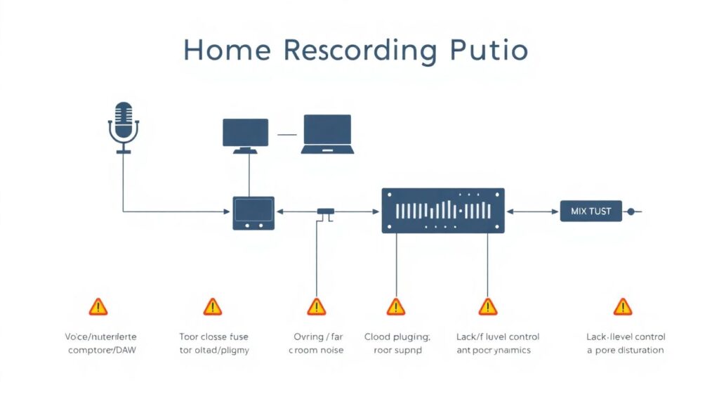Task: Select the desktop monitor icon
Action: pyautogui.click(x=245, y=133)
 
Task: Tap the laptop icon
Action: pyautogui.click(x=326, y=133)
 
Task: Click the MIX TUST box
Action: pyautogui.click(x=591, y=211)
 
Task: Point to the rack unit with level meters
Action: pyautogui.click(x=443, y=210)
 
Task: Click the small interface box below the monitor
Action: pyautogui.click(x=253, y=213)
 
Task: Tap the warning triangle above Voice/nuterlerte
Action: pyautogui.click(x=98, y=306)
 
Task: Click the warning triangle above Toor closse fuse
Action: pyautogui.click(x=212, y=306)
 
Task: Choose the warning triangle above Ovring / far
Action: pyautogui.click(x=317, y=306)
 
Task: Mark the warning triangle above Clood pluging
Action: pyautogui.click(x=396, y=306)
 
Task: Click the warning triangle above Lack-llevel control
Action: pyautogui.click(x=623, y=306)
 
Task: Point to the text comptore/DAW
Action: pyautogui.click(x=97, y=350)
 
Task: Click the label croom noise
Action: pyautogui.click(x=316, y=350)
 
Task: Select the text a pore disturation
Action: pyautogui.click(x=626, y=350)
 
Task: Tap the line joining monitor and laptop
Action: pyautogui.click(x=288, y=133)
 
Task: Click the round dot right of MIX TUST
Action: pyautogui.click(x=631, y=211)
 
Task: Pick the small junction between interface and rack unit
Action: pyautogui.click(x=325, y=211)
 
